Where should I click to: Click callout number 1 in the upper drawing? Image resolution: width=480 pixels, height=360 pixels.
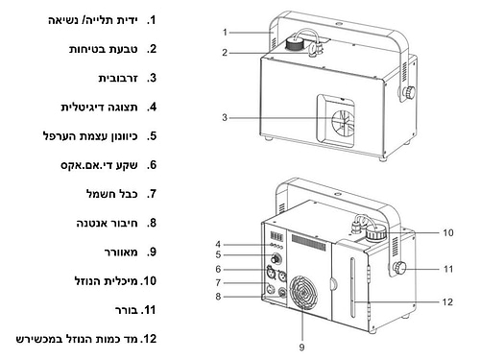click(225, 33)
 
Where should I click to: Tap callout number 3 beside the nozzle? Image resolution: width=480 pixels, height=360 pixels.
click(225, 118)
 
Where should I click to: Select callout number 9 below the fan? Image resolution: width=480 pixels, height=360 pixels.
click(301, 347)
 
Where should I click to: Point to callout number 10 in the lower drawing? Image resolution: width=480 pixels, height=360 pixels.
click(448, 232)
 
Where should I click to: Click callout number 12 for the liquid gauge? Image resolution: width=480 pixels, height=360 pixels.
click(447, 301)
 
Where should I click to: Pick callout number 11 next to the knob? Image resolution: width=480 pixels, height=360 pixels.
click(448, 269)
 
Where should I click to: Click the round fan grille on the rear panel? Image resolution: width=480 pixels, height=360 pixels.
click(303, 293)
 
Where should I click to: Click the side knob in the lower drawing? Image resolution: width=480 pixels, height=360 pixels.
click(399, 268)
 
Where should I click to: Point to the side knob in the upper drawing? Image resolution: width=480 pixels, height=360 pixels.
click(409, 92)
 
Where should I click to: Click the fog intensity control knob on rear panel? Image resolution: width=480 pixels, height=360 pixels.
click(275, 258)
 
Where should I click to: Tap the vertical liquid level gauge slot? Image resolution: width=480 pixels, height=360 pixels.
click(352, 287)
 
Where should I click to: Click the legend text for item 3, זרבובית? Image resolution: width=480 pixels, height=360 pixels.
click(118, 78)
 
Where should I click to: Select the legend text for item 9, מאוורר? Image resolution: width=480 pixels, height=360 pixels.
click(121, 252)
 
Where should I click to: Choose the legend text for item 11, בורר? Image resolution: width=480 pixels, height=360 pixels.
click(127, 310)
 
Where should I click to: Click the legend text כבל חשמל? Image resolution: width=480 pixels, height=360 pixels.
click(112, 194)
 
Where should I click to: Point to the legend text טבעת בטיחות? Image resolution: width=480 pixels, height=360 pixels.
click(104, 49)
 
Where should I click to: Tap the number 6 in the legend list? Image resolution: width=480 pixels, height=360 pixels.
click(152, 165)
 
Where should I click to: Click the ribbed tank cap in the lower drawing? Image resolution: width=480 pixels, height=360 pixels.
click(376, 233)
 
